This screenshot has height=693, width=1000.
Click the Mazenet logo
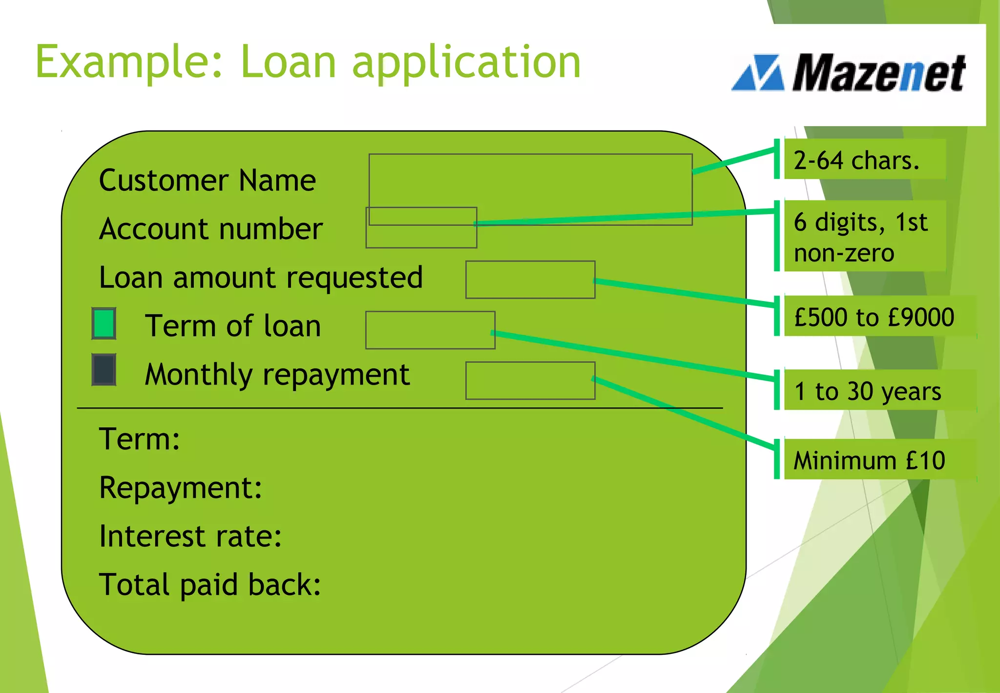850,73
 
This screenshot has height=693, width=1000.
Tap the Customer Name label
208,180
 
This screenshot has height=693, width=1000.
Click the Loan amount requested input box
530,280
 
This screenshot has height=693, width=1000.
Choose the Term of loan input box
430,330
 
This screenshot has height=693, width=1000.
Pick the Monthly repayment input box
530,380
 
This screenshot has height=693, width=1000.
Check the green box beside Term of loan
104,323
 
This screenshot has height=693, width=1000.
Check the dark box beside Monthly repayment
104,369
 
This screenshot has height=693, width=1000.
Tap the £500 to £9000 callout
874,317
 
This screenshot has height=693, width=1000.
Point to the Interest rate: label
190,536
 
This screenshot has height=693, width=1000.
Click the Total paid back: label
210,585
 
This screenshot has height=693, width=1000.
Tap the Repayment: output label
181,488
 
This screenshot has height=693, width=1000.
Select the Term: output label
140,439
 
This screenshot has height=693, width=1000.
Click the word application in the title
466,62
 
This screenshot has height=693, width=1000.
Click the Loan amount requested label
261,278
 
